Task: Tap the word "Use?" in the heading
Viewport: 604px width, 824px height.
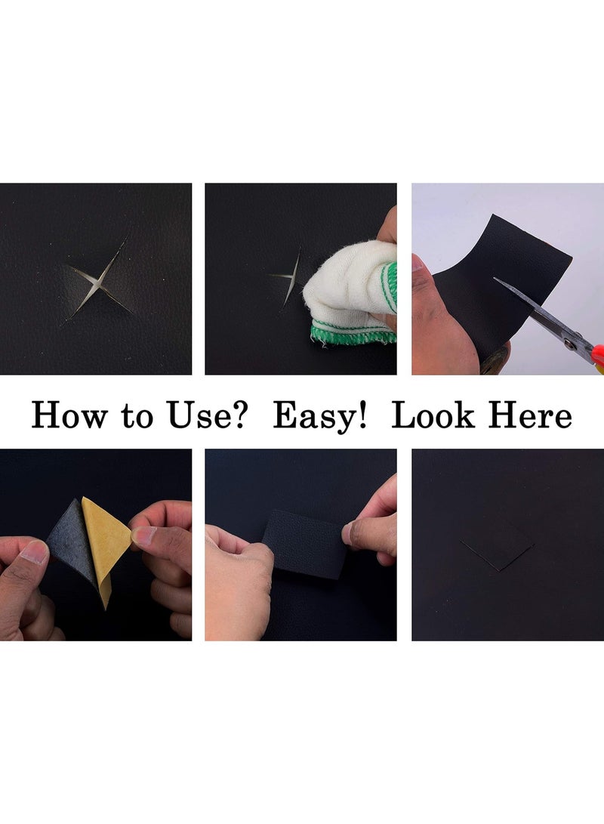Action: click(206, 415)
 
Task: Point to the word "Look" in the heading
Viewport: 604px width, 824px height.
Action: click(433, 415)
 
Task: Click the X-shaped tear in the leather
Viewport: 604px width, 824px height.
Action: click(97, 281)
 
